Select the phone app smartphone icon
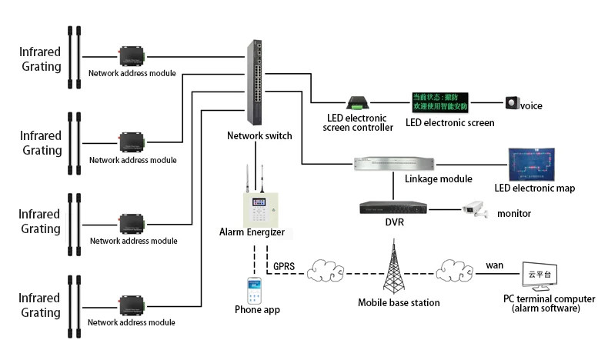256,291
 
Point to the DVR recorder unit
392,208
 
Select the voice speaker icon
512,103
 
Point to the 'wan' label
494,265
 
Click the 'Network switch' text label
259,136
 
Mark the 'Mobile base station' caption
399,303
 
